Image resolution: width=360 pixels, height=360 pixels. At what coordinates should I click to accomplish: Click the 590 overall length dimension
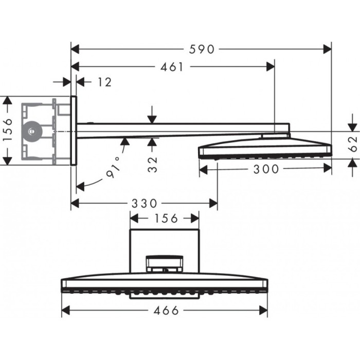[201, 49]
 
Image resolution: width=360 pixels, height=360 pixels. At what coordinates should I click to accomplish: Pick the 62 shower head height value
[352, 142]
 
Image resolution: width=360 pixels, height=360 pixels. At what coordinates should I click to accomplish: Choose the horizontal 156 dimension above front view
[164, 219]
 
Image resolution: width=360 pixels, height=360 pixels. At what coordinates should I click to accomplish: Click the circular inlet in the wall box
[32, 131]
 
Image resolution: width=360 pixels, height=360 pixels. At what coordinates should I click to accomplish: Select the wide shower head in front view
[164, 285]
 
